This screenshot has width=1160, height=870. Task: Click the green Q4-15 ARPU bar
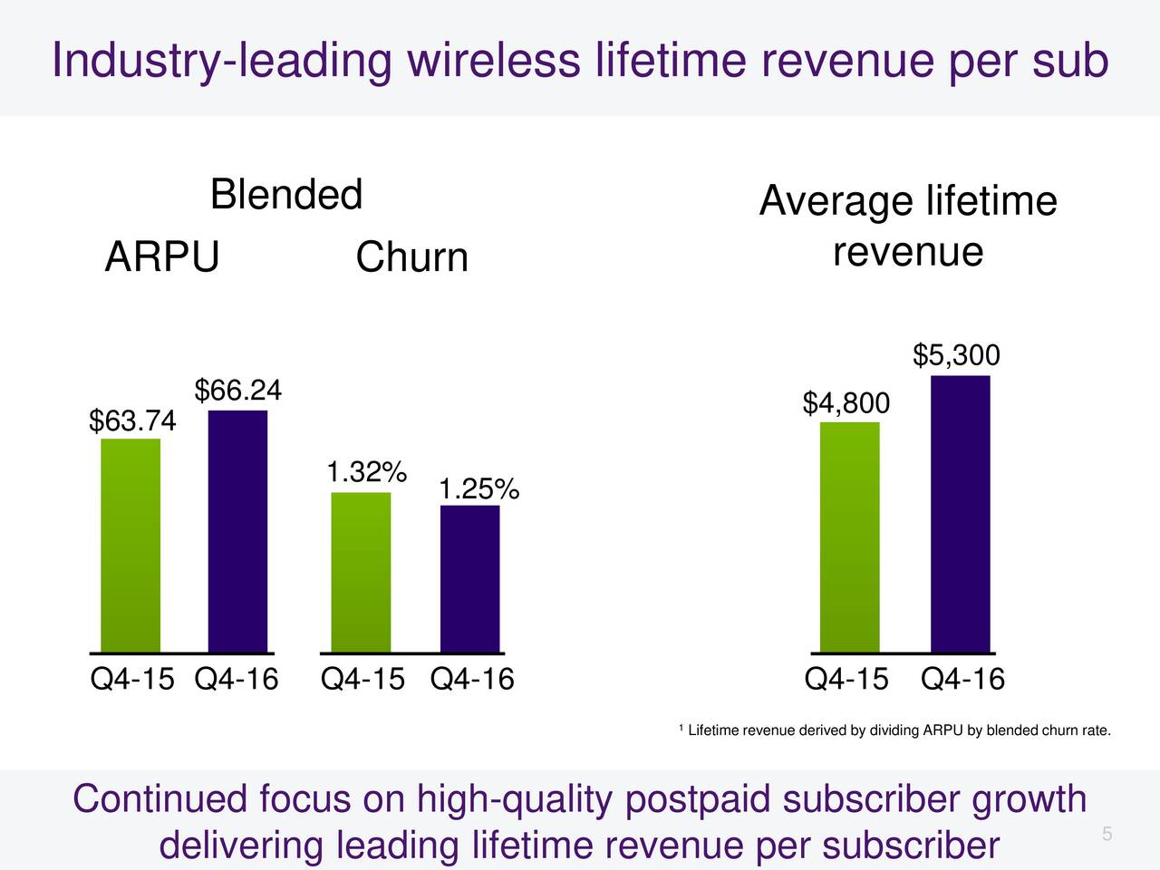tap(130, 545)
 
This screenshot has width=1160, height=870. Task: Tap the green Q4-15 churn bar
tap(361, 572)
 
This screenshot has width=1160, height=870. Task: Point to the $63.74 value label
tap(132, 421)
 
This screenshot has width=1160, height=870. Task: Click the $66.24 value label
tap(238, 391)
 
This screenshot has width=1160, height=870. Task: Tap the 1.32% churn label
tap(366, 472)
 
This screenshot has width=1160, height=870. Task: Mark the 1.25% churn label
tap(478, 490)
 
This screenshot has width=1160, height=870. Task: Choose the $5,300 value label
tap(956, 355)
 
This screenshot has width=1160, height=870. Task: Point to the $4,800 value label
tap(846, 403)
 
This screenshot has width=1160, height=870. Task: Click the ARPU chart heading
tap(162, 257)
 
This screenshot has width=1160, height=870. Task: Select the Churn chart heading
tap(411, 257)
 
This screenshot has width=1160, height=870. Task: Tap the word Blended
tap(286, 195)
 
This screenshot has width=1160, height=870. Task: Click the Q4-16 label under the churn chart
tap(472, 679)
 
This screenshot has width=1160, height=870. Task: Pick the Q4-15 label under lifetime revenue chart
tap(846, 679)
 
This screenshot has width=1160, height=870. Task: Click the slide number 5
tap(1107, 835)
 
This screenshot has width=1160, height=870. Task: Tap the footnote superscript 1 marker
tap(680, 728)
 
